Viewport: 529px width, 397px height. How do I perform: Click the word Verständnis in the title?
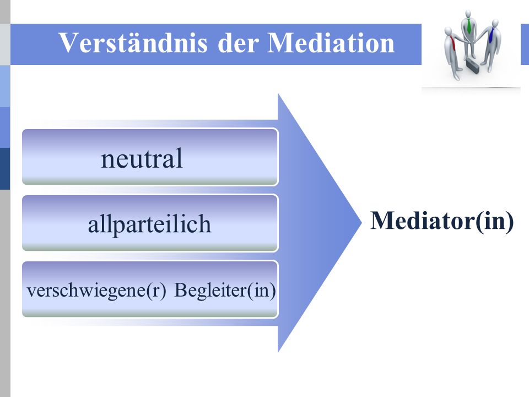pos(133,43)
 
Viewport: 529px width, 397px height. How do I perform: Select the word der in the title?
pos(238,43)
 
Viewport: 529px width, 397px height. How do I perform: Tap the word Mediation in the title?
pos(331,43)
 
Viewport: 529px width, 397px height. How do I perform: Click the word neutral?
pos(142,158)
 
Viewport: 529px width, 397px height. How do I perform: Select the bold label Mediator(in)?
pos(442,221)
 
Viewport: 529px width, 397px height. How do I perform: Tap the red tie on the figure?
pos(453,44)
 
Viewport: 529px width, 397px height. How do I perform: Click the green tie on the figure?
pos(469,26)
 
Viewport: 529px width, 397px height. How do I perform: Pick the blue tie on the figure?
pos(491,35)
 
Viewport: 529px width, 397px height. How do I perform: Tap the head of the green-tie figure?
pos(468,14)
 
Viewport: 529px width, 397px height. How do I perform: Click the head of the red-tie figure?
pos(449,31)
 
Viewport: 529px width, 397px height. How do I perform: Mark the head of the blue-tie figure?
pos(495,23)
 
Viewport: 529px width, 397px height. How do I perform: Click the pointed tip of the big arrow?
pos(361,222)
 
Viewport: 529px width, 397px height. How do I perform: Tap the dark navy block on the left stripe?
pos(5,169)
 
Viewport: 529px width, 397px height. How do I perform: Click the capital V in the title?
pos(69,42)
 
